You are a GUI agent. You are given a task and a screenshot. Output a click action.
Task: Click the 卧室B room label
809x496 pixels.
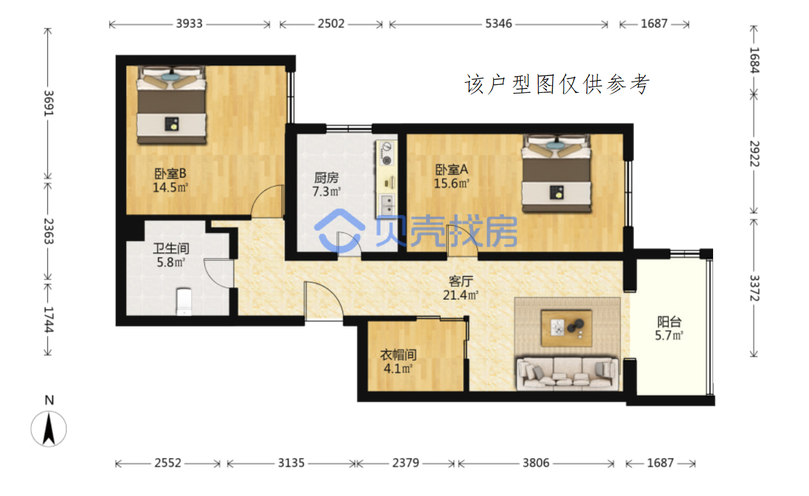point(170,174)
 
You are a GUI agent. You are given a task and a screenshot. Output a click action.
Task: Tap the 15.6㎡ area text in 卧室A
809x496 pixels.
point(452,184)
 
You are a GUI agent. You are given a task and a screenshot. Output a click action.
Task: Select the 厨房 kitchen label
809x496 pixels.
point(326,178)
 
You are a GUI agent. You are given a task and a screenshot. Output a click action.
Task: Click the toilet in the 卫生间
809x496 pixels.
point(184,301)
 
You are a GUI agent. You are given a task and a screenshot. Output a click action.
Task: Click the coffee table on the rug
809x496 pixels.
point(566,328)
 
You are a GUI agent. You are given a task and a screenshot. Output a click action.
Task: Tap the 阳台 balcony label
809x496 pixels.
point(669,322)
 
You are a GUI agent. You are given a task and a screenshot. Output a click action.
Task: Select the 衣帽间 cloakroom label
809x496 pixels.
point(399,355)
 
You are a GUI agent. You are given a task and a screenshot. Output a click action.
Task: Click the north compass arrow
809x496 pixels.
point(49,429)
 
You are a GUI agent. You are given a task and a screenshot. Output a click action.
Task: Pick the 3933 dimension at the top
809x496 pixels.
point(189,24)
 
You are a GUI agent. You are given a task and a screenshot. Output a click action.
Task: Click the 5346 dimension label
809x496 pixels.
point(498,24)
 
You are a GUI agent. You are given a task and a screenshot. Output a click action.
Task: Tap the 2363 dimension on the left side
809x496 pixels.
point(49,231)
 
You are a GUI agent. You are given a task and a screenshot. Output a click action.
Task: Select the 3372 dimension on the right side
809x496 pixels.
point(754,288)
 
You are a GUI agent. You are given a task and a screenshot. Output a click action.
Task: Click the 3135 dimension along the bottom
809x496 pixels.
point(291,463)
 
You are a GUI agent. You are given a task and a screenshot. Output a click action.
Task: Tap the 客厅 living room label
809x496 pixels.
point(461,281)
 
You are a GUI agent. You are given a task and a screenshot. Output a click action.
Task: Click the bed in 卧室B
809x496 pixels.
point(171,105)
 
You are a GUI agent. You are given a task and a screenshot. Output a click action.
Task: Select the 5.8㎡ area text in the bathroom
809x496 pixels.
point(171,262)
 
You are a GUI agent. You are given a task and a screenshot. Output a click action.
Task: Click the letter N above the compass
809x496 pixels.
point(49,400)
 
